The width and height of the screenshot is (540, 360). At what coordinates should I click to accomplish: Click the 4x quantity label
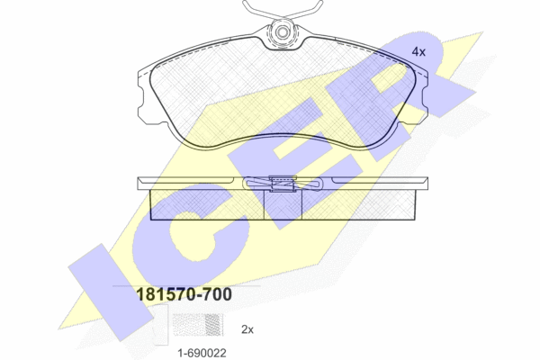pos(418,52)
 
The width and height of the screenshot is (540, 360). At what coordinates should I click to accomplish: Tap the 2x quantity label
pos(247,329)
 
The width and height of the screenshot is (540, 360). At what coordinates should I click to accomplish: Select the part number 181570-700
pos(184,294)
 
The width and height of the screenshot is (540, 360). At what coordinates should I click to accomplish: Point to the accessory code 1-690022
pos(202,353)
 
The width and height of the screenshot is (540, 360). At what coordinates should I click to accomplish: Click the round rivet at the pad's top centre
pos(283,33)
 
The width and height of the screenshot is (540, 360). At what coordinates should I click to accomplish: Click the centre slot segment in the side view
pos(283,205)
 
